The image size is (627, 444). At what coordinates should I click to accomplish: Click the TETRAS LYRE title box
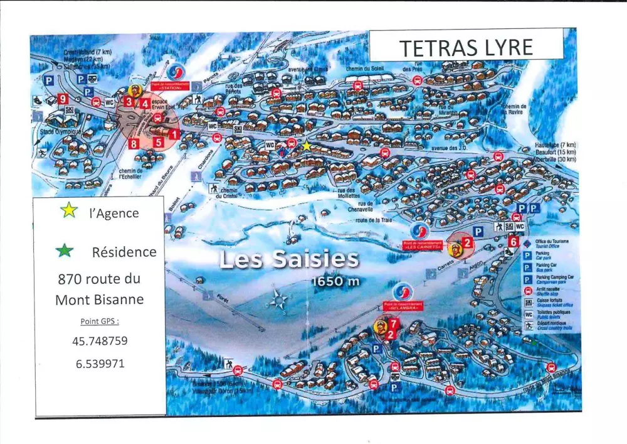tap(466, 47)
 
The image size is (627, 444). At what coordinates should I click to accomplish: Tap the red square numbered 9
tap(62, 99)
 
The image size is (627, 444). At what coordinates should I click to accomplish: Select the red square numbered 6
tap(514, 241)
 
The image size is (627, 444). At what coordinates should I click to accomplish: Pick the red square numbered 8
tap(134, 144)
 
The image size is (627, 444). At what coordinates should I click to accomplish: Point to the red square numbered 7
tap(393, 324)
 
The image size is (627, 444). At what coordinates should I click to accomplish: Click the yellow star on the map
tap(306, 146)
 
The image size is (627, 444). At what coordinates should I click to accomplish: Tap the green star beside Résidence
tap(64, 251)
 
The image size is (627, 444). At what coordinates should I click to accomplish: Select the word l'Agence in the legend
tap(113, 213)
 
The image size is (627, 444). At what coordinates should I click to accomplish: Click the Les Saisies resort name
tap(289, 259)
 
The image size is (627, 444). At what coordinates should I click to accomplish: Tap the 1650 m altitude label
tap(335, 281)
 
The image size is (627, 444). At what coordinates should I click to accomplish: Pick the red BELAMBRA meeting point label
tap(402, 308)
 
